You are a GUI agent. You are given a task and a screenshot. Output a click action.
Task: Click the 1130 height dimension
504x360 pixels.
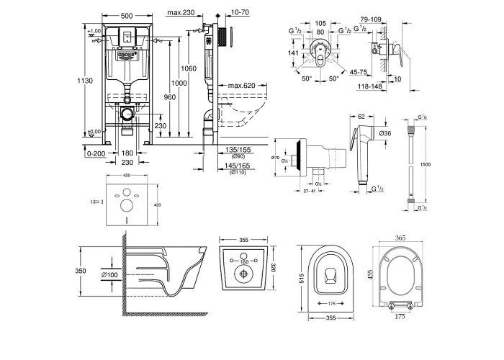87,81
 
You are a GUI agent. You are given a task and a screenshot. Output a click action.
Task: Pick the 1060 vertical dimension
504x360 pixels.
189,68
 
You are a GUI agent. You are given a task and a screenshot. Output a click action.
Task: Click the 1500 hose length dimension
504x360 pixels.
426,164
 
